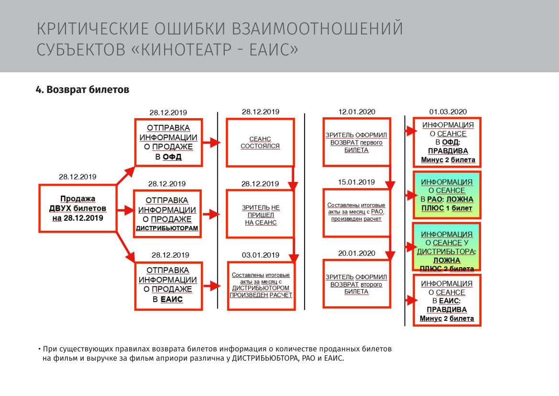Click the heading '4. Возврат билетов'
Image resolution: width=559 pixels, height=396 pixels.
point(82,89)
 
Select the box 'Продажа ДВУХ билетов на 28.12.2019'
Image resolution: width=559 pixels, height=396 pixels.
point(78,208)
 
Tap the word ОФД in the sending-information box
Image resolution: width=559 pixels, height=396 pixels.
point(172,157)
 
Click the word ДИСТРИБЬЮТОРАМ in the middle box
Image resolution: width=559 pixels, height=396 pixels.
point(167,228)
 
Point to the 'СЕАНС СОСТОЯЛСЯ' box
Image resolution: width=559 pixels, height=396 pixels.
point(260,143)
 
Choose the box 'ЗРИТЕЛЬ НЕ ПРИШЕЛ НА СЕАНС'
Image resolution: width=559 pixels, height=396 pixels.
point(260,214)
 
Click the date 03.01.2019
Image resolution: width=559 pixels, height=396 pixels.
point(261,255)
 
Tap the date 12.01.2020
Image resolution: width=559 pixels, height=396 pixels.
point(357,112)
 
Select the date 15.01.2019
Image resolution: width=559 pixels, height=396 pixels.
point(357,182)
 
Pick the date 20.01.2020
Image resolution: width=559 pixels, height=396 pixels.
point(357,253)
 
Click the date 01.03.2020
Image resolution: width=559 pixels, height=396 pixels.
point(448,112)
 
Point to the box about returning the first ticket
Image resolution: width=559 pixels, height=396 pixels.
point(357,142)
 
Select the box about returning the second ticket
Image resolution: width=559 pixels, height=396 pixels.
point(357,284)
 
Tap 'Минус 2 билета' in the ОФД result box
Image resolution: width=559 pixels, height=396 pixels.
point(448,159)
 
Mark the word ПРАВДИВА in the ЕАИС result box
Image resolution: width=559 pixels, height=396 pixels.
point(447,310)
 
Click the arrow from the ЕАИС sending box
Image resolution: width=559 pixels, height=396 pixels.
point(212,286)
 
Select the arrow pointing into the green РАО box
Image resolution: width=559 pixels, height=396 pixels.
point(411,195)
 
